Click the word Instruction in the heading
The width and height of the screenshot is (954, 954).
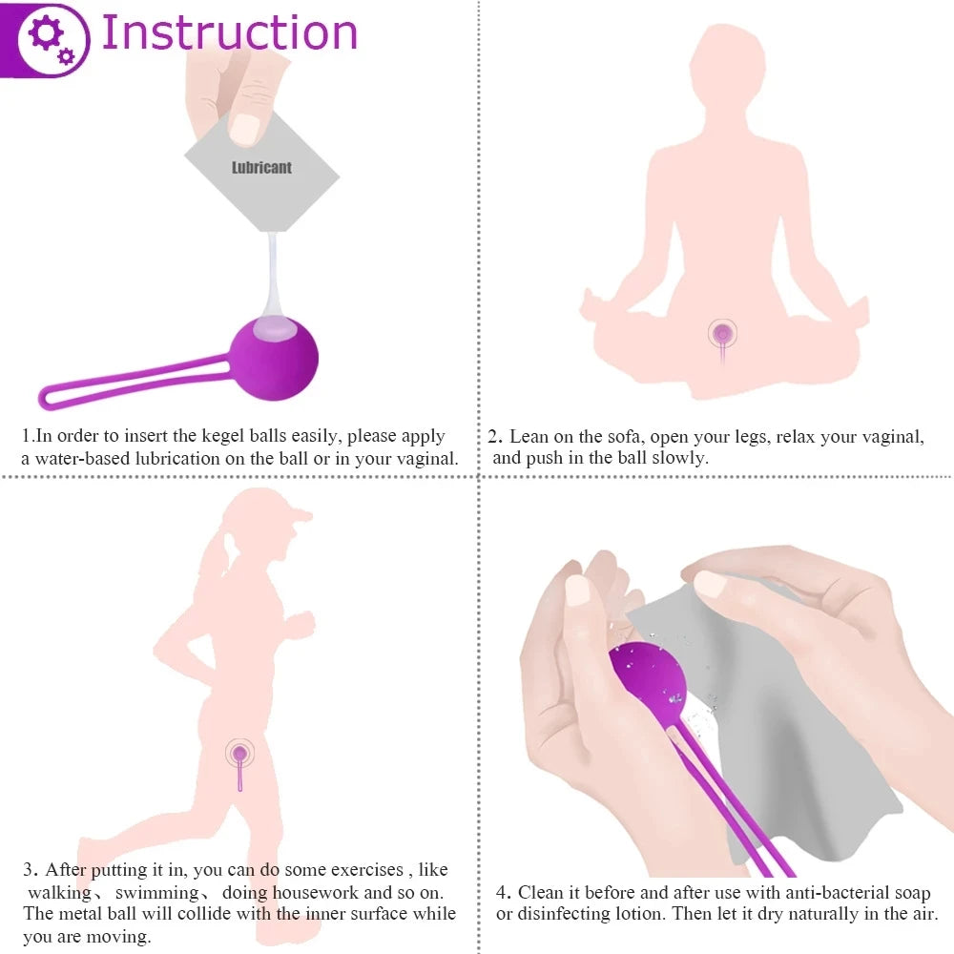229,32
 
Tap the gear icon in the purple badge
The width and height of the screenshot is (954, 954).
48,37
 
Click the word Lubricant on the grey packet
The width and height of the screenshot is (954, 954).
261,168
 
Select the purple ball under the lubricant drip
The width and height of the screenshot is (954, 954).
276,358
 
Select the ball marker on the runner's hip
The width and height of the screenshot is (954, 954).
240,754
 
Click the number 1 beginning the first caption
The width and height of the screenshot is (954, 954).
27,437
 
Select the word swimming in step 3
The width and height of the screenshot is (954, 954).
157,892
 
